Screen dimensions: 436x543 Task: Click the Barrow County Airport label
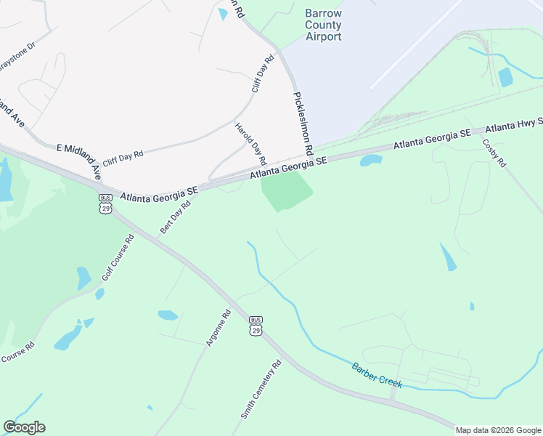tap(323, 25)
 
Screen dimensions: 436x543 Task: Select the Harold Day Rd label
tap(251, 142)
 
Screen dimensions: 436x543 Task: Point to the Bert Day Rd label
tap(175, 217)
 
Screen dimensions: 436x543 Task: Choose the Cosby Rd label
tap(494, 153)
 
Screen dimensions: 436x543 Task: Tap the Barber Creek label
tap(377, 375)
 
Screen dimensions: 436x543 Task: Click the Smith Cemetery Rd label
tap(261, 390)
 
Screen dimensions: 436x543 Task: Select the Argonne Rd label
tap(218, 328)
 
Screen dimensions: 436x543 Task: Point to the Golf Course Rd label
tap(118, 258)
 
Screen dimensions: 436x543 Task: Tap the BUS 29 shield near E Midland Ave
tap(106, 203)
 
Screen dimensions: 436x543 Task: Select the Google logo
tap(24, 427)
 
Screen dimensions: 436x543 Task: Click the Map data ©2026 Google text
tap(498, 430)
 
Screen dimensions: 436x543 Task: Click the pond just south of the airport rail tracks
tap(371, 160)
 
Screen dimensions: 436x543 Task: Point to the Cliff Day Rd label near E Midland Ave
tap(123, 154)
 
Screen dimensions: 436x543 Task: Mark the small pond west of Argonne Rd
tap(168, 315)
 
